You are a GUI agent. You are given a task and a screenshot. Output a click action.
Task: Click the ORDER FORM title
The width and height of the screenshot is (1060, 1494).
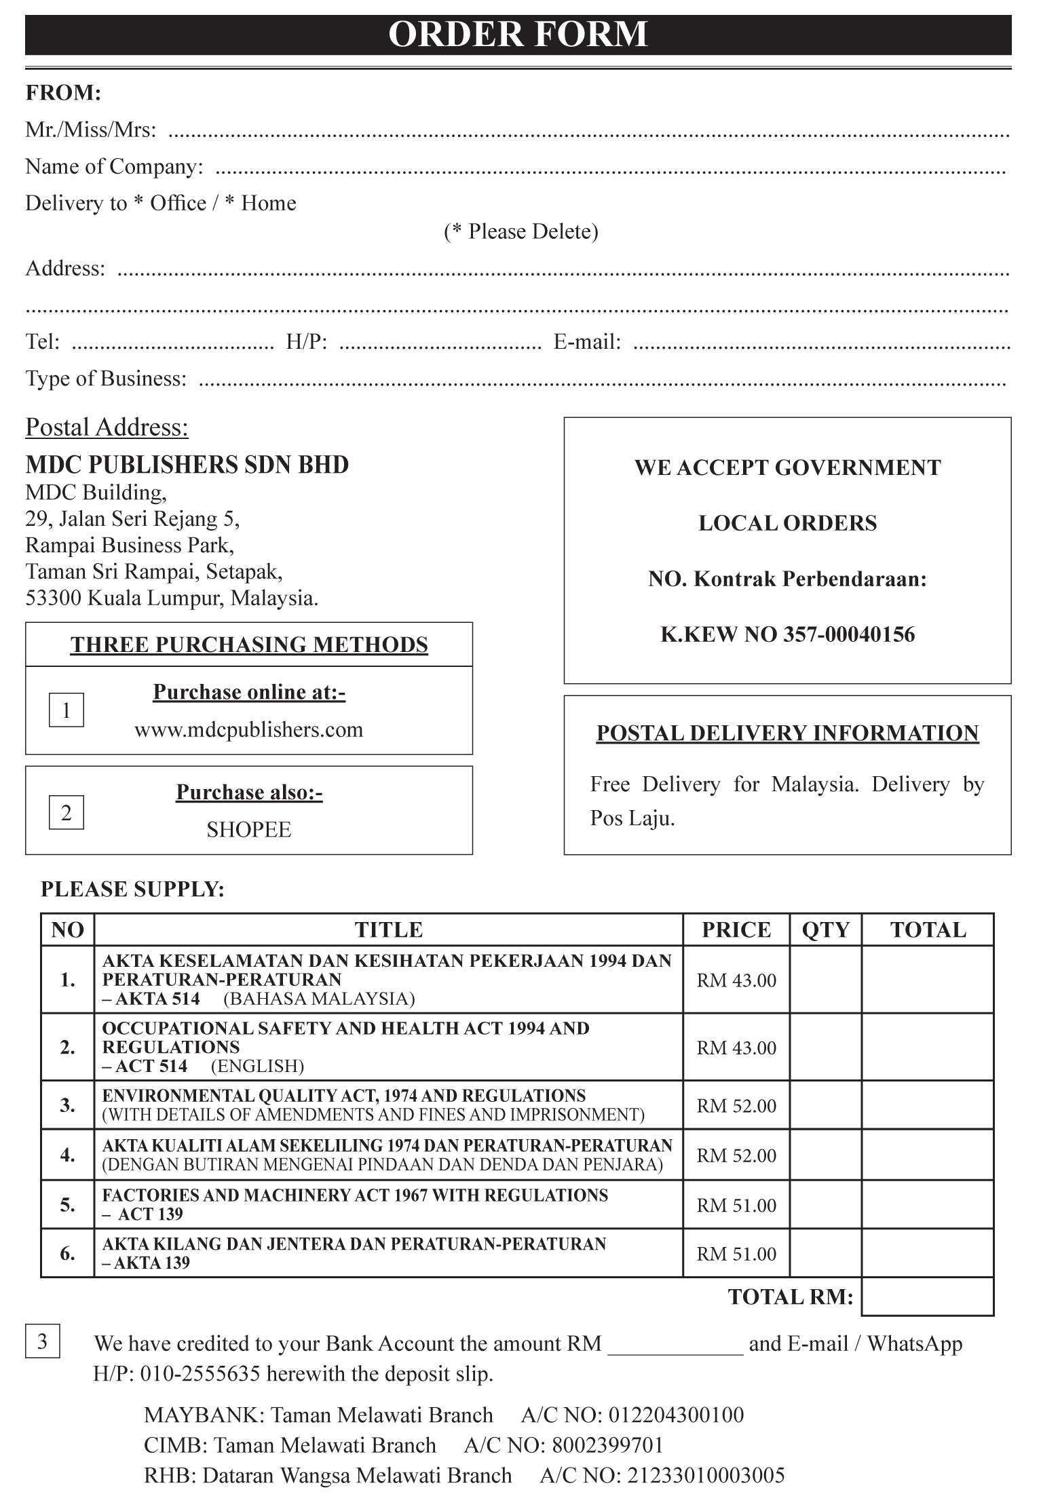[518, 35]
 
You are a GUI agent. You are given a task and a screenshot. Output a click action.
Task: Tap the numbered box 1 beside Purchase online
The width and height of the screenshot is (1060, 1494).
[67, 710]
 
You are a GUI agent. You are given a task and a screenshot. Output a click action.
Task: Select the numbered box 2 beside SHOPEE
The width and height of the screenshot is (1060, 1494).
[67, 812]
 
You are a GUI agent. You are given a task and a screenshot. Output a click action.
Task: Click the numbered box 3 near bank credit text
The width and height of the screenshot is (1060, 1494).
[43, 1341]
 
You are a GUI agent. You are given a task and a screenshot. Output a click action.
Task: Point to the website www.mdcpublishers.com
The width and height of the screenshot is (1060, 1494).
[248, 730]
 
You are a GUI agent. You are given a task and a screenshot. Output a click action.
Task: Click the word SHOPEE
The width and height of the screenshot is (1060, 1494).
[248, 830]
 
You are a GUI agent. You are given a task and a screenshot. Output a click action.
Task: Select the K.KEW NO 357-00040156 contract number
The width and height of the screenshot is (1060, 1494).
[787, 634]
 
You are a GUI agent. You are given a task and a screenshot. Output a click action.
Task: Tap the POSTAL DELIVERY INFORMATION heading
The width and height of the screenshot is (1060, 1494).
[787, 733]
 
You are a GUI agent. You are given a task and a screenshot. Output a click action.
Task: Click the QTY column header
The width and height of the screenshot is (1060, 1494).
[825, 930]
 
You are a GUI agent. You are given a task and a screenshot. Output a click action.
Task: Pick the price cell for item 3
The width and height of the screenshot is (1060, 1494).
[736, 1106]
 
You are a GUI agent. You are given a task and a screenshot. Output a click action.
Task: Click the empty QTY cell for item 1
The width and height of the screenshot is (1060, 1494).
[825, 980]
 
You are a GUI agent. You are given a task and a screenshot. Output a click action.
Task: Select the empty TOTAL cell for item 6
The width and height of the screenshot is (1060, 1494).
[927, 1253]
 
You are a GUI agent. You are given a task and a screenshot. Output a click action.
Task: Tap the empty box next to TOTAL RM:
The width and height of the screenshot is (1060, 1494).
[927, 1297]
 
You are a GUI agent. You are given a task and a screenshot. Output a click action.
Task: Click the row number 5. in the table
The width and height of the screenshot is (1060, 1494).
[67, 1204]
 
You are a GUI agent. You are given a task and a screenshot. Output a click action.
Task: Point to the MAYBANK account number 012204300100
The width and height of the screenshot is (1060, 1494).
[676, 1415]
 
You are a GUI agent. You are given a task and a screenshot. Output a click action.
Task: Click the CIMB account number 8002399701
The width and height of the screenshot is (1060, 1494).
[607, 1445]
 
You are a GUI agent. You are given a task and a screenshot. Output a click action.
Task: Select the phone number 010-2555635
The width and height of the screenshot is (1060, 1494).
[200, 1374]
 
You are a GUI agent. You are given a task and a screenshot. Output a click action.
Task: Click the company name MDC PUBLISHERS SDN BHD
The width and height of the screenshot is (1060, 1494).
[187, 465]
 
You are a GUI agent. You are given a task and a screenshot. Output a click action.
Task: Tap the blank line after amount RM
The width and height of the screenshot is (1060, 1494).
[675, 1345]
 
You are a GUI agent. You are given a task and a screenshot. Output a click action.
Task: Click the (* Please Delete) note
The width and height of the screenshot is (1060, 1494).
[521, 232]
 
